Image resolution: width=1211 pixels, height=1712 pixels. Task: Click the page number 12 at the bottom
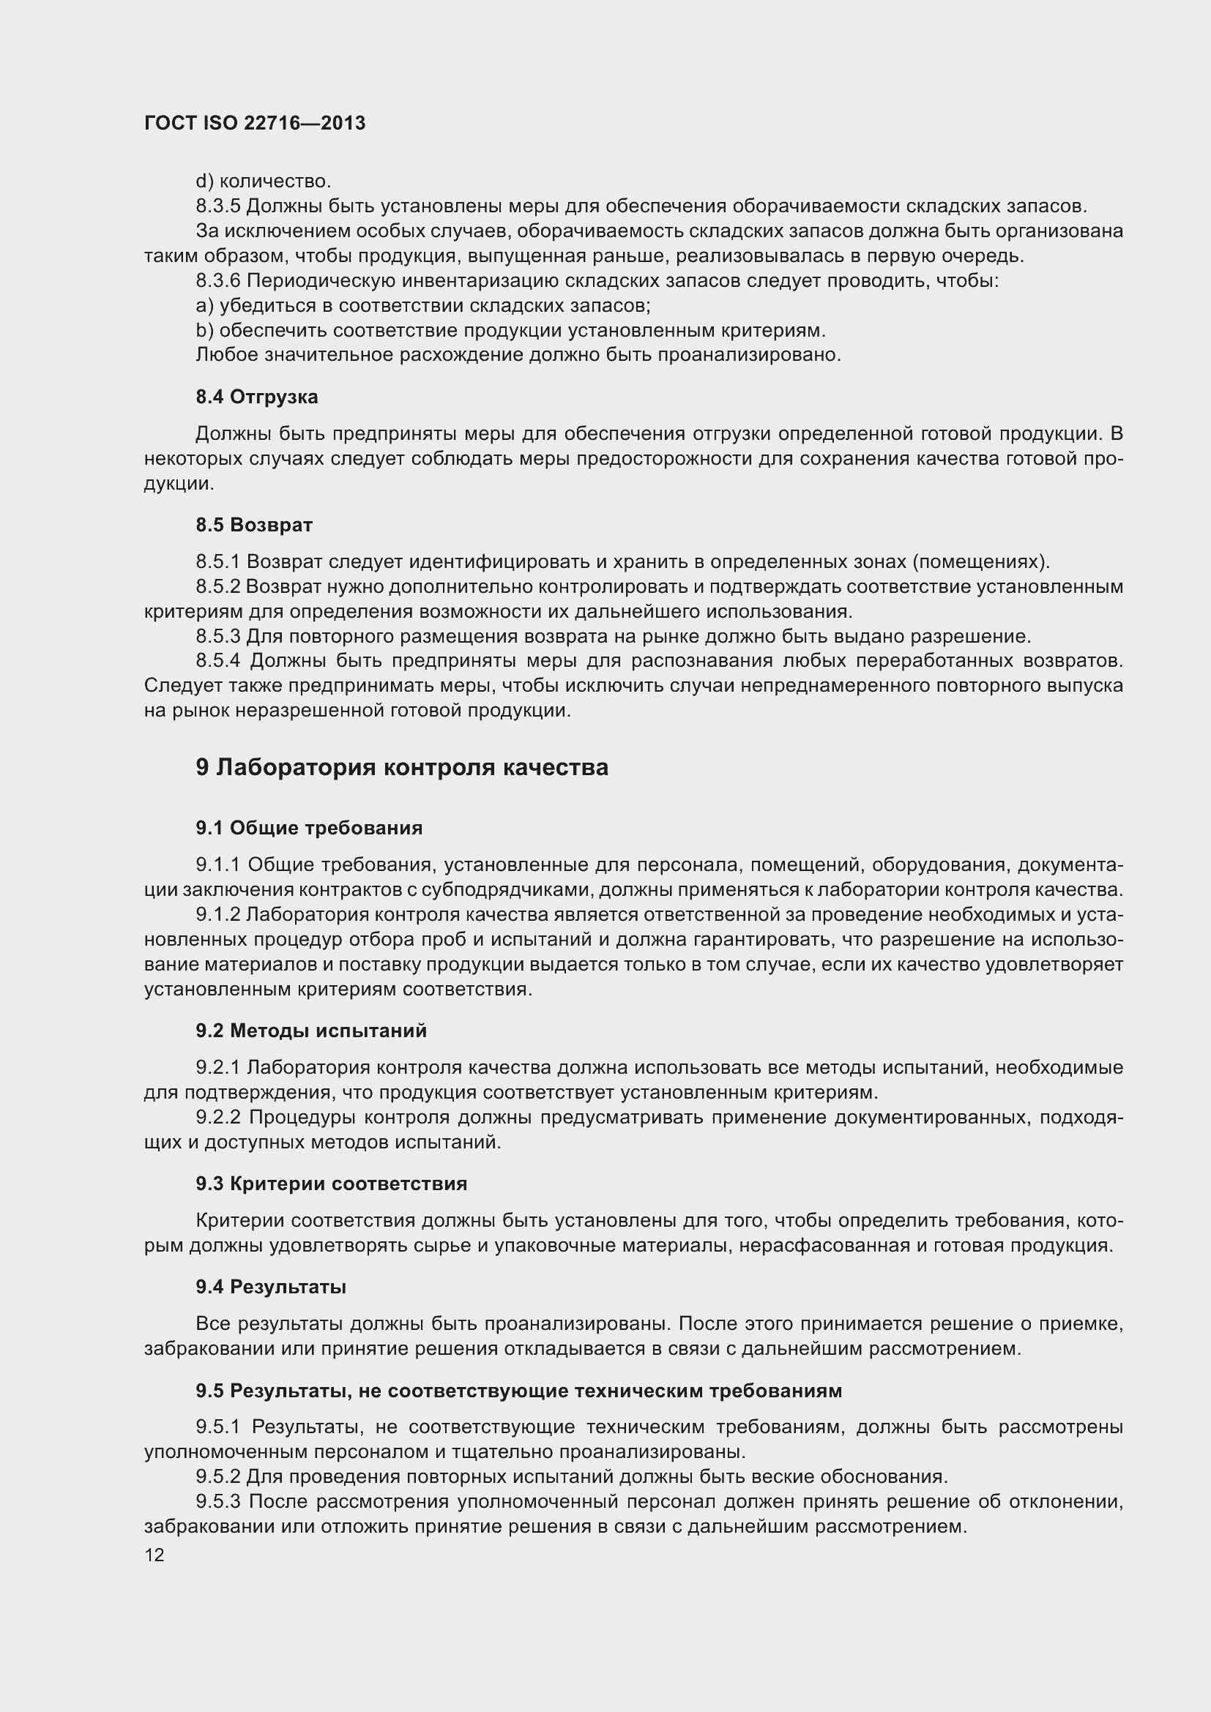point(154,1555)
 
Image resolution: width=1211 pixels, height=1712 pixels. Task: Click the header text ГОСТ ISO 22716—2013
point(255,123)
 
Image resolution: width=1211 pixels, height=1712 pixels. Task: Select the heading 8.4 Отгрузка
point(256,397)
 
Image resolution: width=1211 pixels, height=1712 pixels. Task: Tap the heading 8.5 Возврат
point(253,525)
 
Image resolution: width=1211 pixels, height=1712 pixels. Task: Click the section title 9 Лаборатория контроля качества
point(402,767)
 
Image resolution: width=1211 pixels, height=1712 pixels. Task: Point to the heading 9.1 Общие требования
point(309,828)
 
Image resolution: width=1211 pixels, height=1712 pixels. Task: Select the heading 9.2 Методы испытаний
point(311,1031)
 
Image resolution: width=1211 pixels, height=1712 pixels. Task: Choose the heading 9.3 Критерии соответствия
point(331,1184)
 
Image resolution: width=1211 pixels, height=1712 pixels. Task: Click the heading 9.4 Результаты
point(271,1286)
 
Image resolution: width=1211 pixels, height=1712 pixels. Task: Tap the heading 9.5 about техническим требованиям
point(518,1390)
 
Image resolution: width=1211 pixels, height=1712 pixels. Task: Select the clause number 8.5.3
point(217,636)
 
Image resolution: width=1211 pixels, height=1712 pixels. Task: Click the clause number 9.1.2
point(217,914)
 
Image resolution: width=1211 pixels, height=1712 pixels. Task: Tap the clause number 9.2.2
point(217,1117)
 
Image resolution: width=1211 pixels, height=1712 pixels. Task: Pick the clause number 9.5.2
point(217,1476)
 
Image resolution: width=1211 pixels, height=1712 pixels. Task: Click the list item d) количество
point(264,182)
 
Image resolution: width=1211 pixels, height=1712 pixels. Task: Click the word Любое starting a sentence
point(220,355)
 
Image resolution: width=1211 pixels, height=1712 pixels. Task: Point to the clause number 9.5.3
point(217,1501)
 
